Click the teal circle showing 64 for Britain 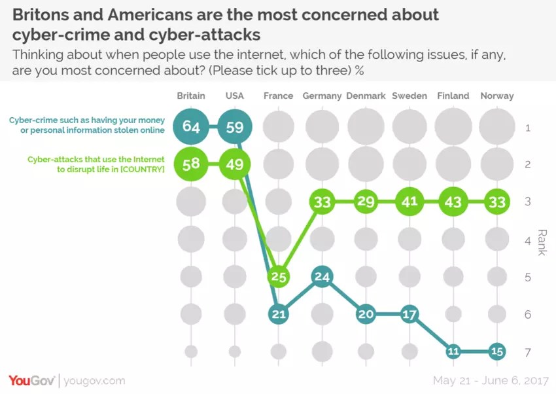point(191,126)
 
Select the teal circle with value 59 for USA point(234,126)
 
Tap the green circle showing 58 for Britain point(191,164)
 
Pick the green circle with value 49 point(234,164)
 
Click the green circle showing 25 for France point(279,276)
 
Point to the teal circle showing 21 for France point(279,314)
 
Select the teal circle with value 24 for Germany point(322,276)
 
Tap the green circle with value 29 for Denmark point(366,202)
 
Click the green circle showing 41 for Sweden point(409,202)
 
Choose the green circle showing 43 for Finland point(453,202)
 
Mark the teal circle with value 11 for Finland point(453,351)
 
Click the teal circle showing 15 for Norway point(497,351)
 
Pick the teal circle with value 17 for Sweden point(409,314)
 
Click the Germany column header point(322,96)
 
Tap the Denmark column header point(366,96)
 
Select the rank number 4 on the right point(527,240)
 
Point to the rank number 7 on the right point(527,352)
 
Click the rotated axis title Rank point(542,242)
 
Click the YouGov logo point(32,380)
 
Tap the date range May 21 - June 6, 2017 point(491,380)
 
